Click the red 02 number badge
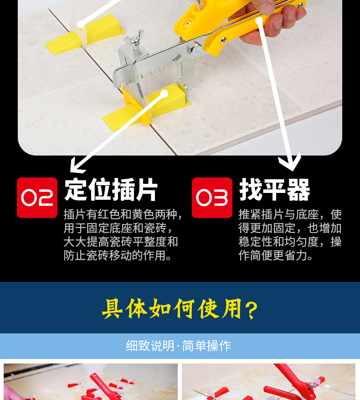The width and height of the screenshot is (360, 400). [x=37, y=197]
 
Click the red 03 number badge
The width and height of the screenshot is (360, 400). [x=212, y=197]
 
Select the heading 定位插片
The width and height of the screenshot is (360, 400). [x=111, y=190]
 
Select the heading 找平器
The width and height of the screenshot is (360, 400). [x=275, y=190]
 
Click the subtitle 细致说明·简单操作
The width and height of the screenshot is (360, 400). [x=179, y=346]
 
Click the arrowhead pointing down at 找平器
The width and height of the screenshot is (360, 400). [x=290, y=162]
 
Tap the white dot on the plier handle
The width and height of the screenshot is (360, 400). [x=259, y=21]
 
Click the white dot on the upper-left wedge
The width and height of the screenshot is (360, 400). [x=81, y=25]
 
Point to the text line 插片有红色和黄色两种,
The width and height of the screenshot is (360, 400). [x=123, y=214]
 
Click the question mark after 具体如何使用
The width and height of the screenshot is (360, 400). [x=251, y=310]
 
